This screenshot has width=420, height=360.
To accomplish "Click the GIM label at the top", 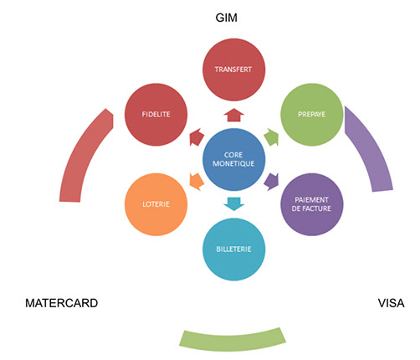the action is [226, 18].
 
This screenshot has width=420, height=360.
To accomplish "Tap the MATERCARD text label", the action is [62, 303].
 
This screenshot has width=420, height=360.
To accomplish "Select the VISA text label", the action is [391, 303].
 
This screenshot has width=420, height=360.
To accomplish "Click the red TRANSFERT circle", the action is [233, 69].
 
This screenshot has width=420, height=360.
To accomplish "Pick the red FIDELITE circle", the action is [156, 115].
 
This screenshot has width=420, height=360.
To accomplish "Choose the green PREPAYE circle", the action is [312, 115].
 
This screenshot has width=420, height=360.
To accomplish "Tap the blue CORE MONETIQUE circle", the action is [233, 159].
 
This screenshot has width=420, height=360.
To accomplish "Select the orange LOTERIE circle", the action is [156, 204].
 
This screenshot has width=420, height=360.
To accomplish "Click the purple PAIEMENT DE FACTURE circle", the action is [312, 204].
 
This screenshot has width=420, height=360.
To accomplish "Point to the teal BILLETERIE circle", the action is [233, 249].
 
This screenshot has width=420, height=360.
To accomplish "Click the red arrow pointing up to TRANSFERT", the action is [233, 115].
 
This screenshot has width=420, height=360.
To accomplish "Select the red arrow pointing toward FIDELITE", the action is [197, 136].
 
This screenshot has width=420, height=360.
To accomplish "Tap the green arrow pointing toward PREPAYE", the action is [271, 136].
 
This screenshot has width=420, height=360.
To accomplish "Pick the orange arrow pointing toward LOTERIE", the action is [197, 182].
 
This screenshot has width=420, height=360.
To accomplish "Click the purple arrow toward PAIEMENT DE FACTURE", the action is [271, 182].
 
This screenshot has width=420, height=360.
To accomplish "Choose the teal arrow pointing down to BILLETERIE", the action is [233, 204].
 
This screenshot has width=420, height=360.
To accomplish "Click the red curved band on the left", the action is [81, 157].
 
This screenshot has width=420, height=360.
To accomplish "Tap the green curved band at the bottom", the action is [233, 341].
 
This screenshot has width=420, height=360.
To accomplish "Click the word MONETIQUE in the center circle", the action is [233, 163].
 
